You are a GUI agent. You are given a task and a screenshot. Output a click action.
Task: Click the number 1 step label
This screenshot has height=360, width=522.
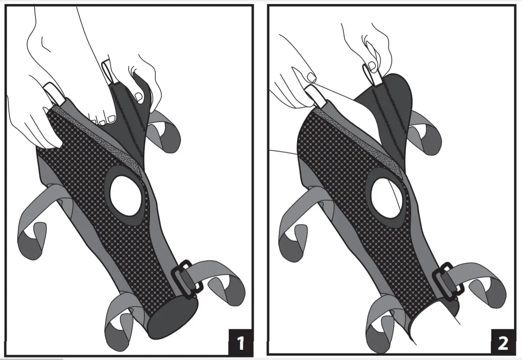tap(240, 342)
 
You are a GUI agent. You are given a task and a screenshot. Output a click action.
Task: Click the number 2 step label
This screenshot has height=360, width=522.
tap(502, 342)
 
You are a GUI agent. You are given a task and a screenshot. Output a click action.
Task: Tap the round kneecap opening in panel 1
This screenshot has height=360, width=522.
tap(126, 192)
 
